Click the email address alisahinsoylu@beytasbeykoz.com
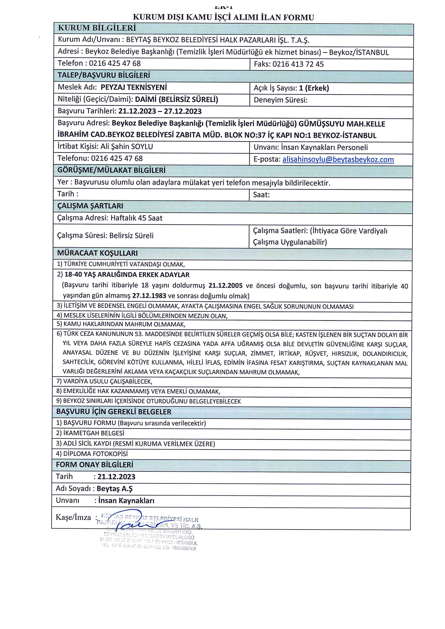338,159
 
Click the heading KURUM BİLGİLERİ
97,28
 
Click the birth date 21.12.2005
225,286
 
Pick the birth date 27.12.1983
149,296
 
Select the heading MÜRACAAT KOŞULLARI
97,253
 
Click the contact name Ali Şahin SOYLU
127,147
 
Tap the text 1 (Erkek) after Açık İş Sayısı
314,88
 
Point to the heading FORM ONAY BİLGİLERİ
95,465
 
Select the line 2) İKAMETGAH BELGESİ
90,433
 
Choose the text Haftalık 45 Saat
136,218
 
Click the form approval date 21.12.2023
116,477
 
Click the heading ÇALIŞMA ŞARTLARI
90,206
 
